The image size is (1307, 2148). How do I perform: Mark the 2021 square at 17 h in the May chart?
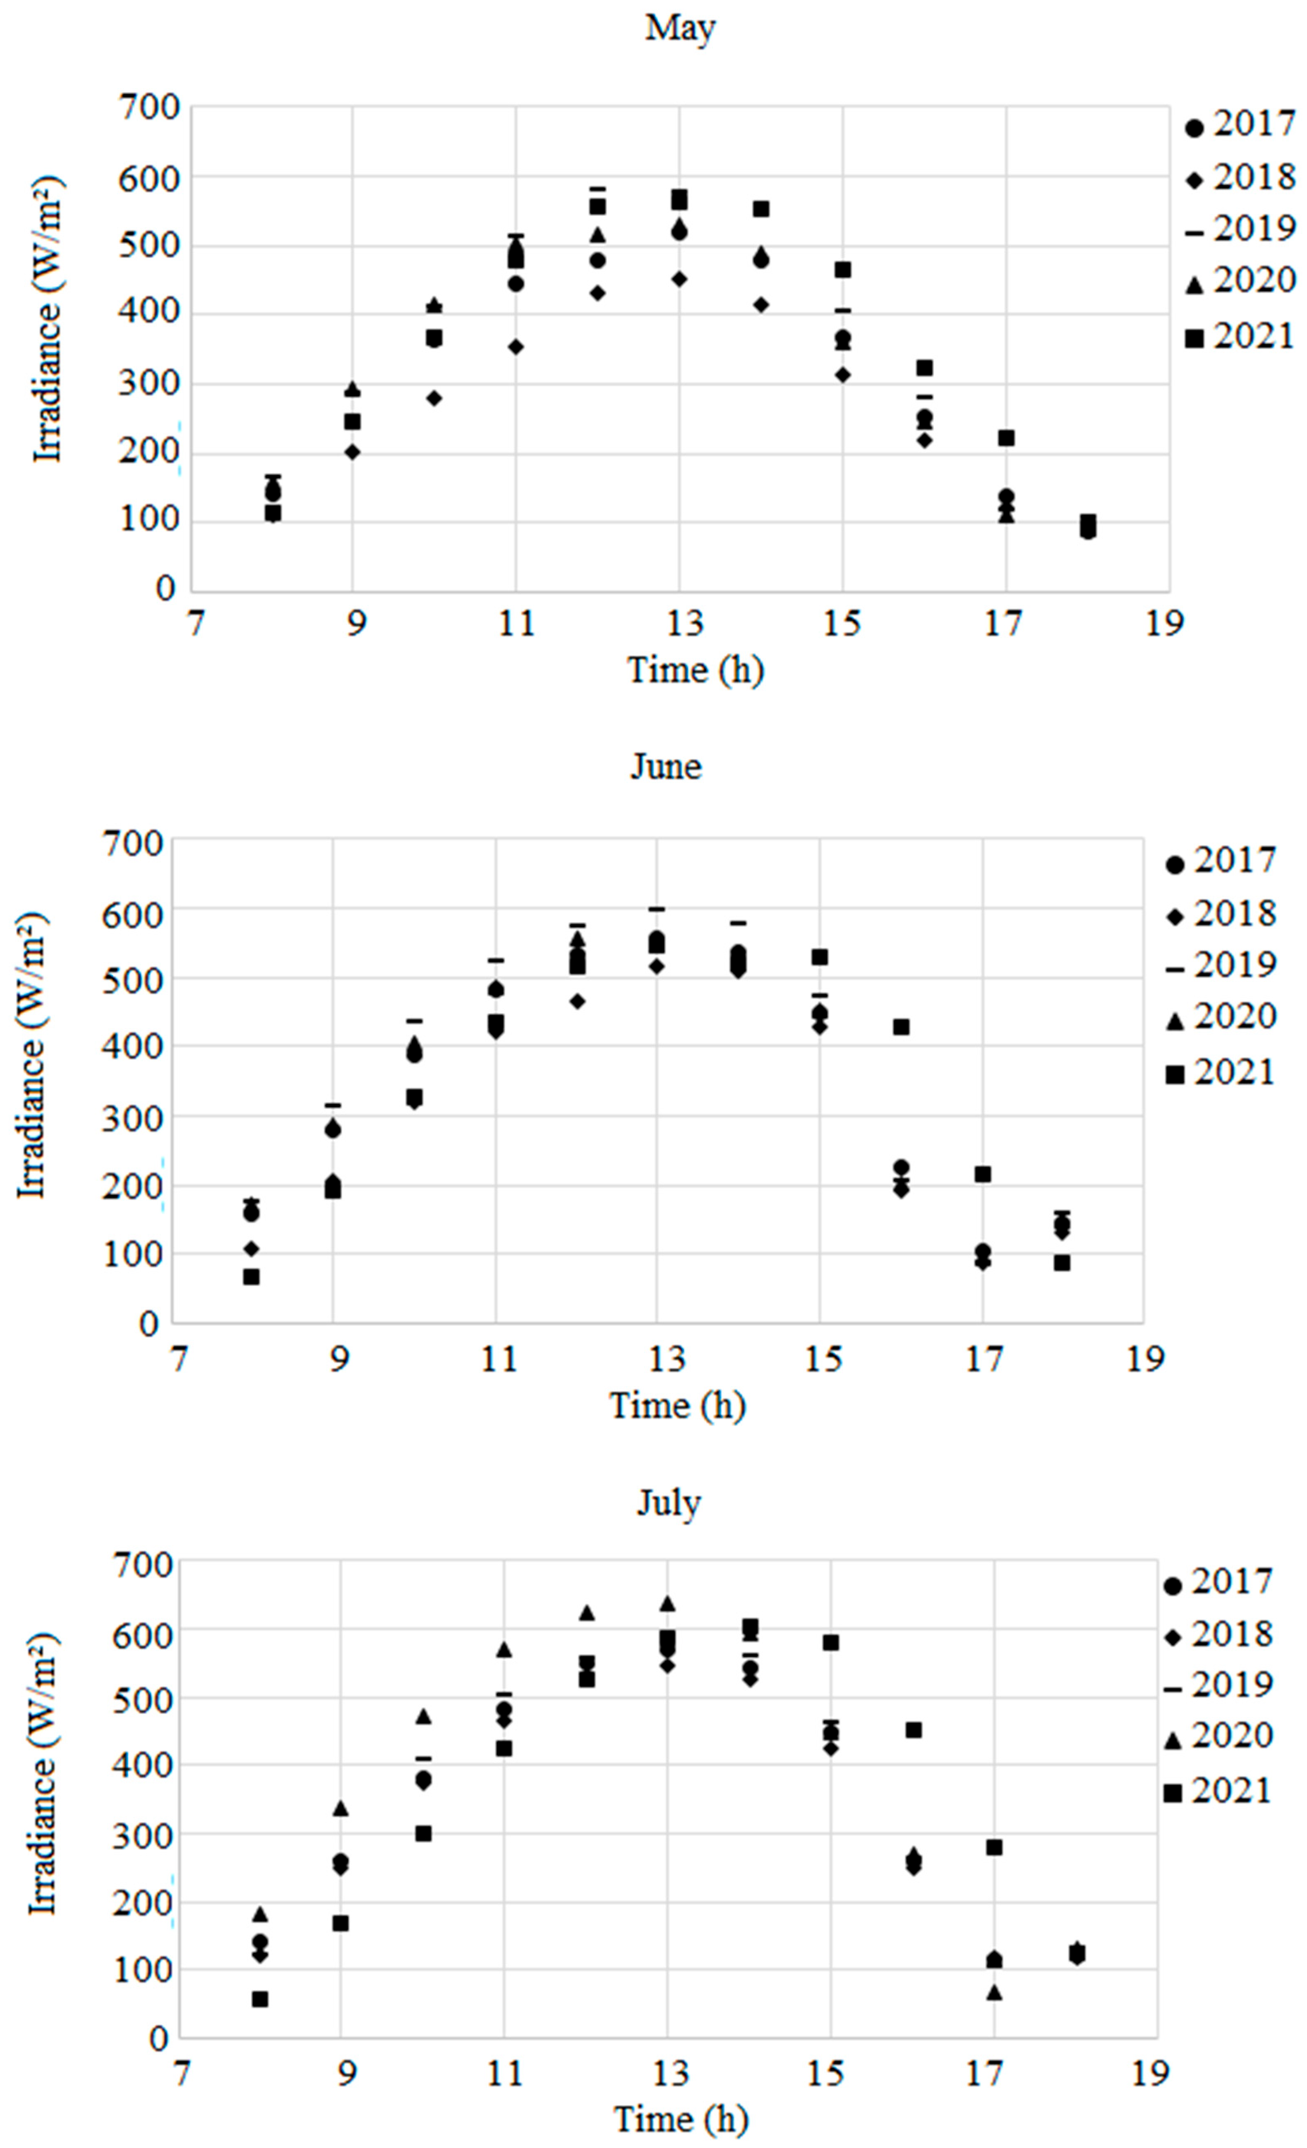[1006, 438]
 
